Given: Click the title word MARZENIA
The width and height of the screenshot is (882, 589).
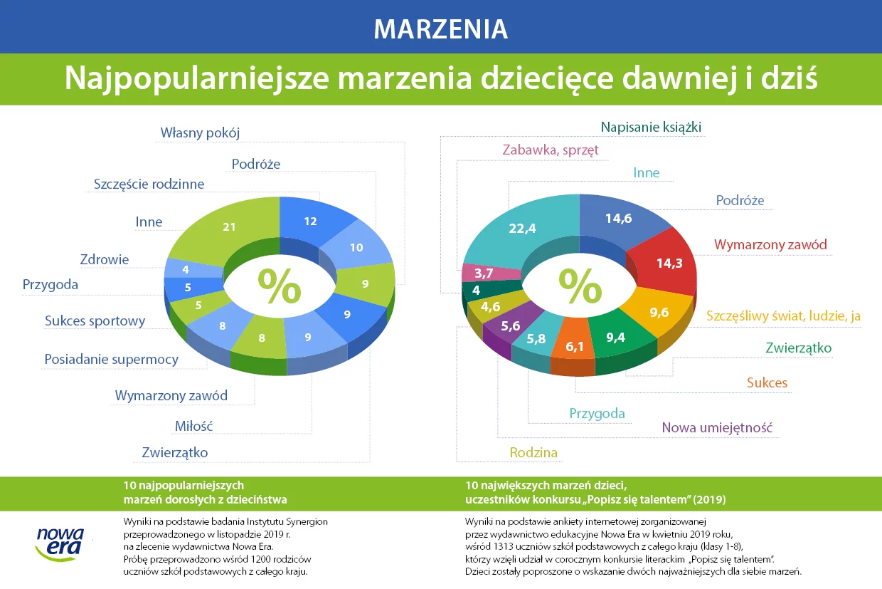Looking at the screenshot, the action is click(x=440, y=28).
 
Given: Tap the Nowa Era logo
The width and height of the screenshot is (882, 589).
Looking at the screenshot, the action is click(x=60, y=545).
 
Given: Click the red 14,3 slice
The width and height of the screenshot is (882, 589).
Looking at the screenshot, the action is click(x=666, y=262).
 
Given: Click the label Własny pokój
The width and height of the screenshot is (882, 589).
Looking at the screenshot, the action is click(x=200, y=133).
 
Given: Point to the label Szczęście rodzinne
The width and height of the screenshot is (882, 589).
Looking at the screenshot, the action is click(x=149, y=184).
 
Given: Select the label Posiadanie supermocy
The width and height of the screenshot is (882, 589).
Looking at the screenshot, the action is click(x=112, y=360).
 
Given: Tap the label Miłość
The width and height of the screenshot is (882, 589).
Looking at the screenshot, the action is click(x=193, y=426).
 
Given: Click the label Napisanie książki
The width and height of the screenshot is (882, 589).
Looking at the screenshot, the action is click(x=651, y=127).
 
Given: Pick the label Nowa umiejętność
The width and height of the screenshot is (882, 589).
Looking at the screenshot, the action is click(x=717, y=428).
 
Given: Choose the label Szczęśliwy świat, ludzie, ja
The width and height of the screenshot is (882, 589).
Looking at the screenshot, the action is click(x=783, y=316).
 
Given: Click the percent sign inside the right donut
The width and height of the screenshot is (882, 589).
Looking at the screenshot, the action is click(x=580, y=286).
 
